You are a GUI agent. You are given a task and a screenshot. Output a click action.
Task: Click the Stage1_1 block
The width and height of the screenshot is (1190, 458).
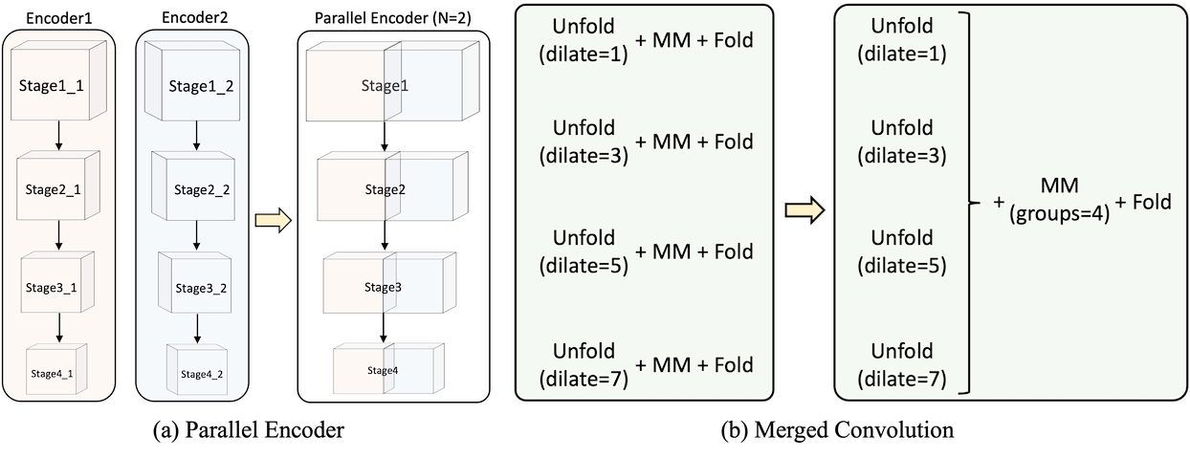point(54,86)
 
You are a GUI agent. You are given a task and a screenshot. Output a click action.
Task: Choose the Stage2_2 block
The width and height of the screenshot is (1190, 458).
point(196,189)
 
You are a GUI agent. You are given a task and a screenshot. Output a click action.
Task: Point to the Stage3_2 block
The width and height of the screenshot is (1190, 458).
point(196,286)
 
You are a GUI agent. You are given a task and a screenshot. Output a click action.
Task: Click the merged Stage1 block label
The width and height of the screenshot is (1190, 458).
point(385,86)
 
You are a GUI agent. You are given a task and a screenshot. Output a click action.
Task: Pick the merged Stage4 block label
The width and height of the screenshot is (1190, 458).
point(383,370)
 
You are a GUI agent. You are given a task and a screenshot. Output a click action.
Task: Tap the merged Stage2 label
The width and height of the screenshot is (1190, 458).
point(385,189)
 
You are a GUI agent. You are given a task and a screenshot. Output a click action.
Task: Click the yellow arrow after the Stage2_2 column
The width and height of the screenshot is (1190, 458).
point(273,221)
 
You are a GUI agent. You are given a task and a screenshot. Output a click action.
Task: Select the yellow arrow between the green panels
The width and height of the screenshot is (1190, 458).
point(804,209)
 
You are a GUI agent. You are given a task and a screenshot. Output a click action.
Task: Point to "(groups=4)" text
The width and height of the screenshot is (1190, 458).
point(1059,215)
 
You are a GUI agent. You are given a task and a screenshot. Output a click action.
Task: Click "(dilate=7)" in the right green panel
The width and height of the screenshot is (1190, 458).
point(902,379)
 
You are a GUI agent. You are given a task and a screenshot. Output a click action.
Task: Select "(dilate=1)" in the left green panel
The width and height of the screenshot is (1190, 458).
point(584,55)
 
